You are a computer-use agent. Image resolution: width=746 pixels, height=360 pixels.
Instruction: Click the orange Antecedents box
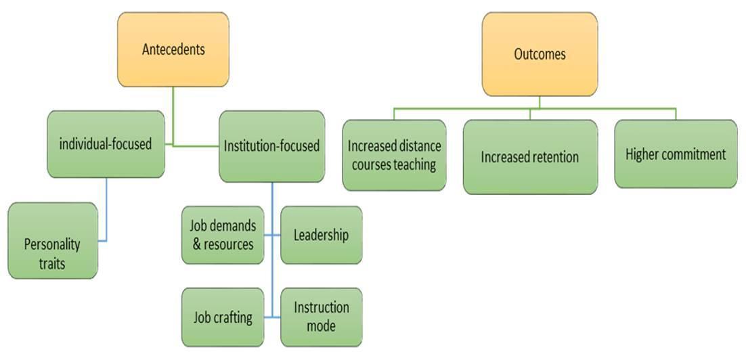(x=173, y=49)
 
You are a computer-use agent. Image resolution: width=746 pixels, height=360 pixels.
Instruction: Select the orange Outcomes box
(x=540, y=54)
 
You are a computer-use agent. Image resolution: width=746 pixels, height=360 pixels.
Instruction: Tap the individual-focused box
(x=106, y=144)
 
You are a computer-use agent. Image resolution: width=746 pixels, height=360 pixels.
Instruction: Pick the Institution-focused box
(x=271, y=146)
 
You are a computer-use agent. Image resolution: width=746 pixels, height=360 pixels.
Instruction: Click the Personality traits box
(x=52, y=252)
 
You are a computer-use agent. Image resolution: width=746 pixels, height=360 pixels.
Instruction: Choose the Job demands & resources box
(x=223, y=235)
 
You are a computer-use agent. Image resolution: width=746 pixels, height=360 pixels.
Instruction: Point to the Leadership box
(x=321, y=235)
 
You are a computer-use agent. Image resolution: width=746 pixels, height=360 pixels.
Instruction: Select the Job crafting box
(x=223, y=317)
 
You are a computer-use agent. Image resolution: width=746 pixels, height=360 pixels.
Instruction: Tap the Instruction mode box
(x=321, y=316)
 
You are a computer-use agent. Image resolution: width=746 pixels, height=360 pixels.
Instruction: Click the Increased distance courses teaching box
(x=394, y=155)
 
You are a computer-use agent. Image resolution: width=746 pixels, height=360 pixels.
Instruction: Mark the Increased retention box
(x=530, y=157)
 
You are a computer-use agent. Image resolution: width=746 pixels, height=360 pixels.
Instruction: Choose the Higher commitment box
(x=675, y=154)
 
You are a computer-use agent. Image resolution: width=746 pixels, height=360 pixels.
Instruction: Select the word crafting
(x=234, y=317)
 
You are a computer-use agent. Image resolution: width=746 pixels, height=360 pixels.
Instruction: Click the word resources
(x=229, y=244)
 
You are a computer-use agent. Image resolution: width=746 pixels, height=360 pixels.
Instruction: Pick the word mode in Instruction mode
(x=321, y=325)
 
